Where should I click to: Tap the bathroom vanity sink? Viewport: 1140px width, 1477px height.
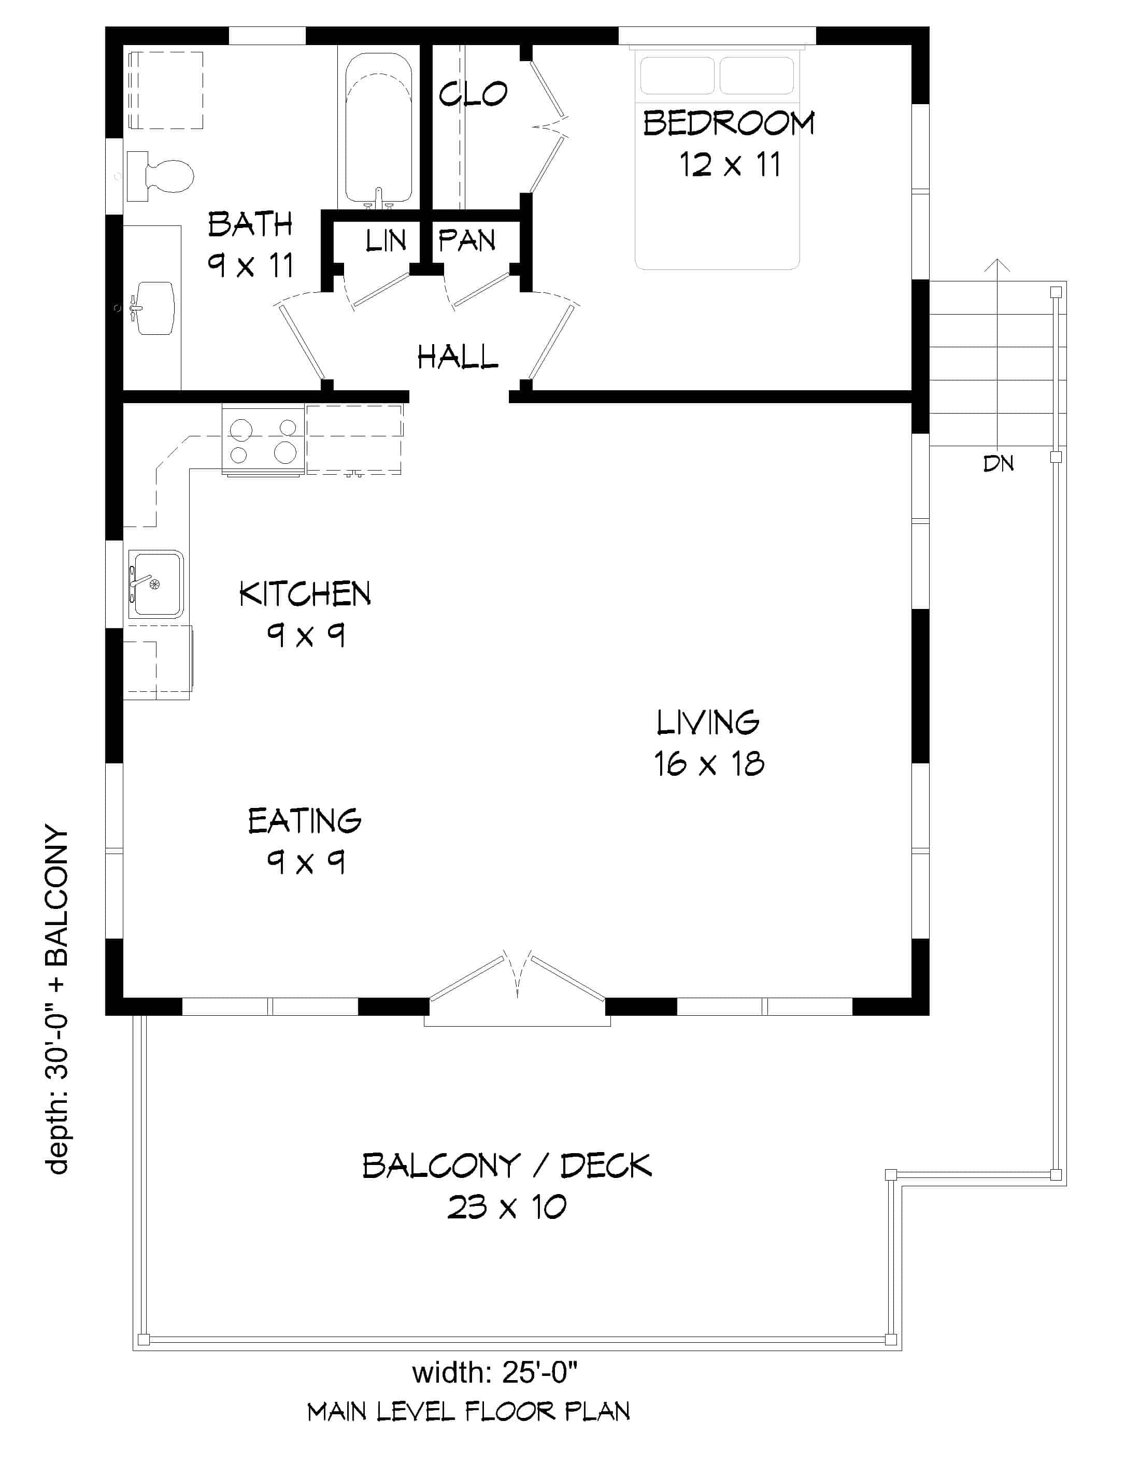(x=154, y=308)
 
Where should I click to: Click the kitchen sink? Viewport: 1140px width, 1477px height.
(x=156, y=584)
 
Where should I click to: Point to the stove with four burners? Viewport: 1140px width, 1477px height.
(x=263, y=441)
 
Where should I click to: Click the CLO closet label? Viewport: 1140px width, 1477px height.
(x=473, y=94)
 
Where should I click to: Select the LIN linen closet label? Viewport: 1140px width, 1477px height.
(x=386, y=241)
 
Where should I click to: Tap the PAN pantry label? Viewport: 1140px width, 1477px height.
(x=466, y=241)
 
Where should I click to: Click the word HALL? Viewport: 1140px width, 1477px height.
(x=457, y=357)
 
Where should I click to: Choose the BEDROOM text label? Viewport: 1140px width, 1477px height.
(x=728, y=124)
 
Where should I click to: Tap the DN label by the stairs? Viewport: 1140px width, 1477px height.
(x=998, y=464)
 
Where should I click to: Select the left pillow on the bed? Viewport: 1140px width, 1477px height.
(x=677, y=75)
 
